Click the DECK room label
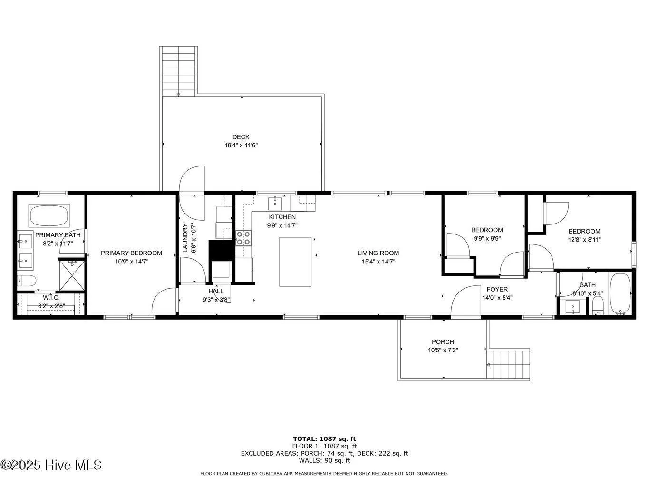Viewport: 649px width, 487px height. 241,137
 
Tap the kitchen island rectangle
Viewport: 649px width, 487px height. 295,262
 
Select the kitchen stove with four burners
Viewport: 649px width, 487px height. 243,238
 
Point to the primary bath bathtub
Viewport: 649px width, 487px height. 49,215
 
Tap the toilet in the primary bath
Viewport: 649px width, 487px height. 26,281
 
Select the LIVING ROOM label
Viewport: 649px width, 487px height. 378,253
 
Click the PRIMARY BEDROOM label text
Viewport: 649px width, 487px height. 131,253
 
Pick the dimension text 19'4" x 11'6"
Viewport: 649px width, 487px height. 241,146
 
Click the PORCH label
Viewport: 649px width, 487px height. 442,341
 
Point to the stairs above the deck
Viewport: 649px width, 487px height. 179,71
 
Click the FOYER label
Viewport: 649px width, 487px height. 497,289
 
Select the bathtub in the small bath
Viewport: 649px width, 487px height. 620,294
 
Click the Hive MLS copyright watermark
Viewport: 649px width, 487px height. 51,465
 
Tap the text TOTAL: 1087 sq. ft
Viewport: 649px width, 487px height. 324,439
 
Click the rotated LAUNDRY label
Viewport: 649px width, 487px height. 186,238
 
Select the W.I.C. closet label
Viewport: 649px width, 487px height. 51,298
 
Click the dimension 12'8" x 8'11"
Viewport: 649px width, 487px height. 584,240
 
